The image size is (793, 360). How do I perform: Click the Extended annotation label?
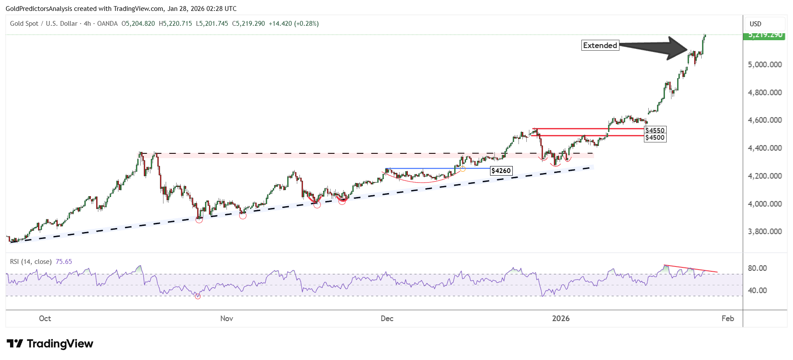click(x=600, y=45)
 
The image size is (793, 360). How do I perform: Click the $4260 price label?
click(x=501, y=171)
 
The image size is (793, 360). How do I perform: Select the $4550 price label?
click(x=655, y=130)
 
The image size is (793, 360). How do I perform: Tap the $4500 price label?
click(x=655, y=138)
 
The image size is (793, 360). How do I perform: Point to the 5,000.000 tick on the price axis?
click(x=765, y=65)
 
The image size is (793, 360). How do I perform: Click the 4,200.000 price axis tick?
click(x=765, y=176)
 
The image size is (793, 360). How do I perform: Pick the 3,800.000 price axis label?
click(x=765, y=232)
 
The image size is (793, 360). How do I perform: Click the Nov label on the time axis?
click(x=226, y=318)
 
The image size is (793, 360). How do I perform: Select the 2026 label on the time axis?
click(x=560, y=318)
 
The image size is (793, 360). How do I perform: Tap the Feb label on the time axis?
click(x=727, y=318)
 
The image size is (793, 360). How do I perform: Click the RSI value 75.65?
click(x=64, y=262)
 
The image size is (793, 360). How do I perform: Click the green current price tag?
click(x=764, y=35)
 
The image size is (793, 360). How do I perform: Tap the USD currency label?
click(x=755, y=24)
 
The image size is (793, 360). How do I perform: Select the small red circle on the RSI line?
click(x=198, y=296)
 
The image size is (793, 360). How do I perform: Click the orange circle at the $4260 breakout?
click(x=463, y=169)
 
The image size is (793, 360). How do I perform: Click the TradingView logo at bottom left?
click(x=50, y=344)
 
